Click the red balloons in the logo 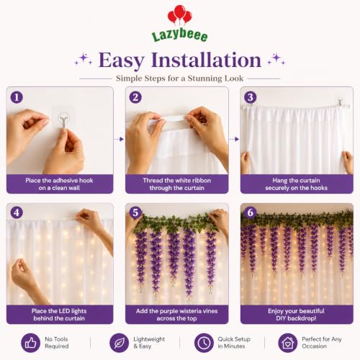(180, 15)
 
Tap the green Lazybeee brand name (180, 35)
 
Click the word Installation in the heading (206, 60)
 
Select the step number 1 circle (17, 97)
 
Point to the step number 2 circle (135, 97)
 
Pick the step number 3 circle (251, 97)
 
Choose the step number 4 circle (17, 212)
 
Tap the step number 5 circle (135, 212)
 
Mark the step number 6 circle (251, 212)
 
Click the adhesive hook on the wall (63, 120)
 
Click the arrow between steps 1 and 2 (119, 139)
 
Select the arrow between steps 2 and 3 (234, 139)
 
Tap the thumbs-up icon (30, 343)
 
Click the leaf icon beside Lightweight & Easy (119, 343)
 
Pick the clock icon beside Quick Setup (204, 343)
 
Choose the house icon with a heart (288, 343)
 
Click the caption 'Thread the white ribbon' (177, 181)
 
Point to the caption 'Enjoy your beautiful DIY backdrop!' (296, 315)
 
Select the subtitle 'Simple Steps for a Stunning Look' (179, 78)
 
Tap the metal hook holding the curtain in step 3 (341, 103)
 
